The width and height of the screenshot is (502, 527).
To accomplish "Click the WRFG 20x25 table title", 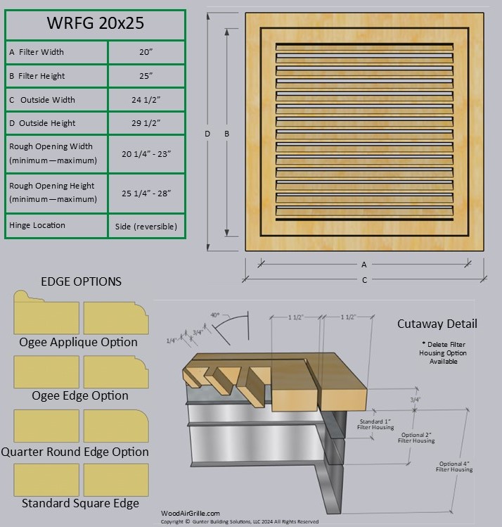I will pos(95,23).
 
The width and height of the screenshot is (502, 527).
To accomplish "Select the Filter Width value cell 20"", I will pos(146,52).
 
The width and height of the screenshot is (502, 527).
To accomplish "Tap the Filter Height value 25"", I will pos(146,76).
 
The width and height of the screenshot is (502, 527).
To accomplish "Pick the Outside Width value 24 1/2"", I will pos(146,100).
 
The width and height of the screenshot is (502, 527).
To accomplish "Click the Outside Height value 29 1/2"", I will pos(146,123).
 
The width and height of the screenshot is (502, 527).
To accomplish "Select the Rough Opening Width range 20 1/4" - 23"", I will pos(146,153).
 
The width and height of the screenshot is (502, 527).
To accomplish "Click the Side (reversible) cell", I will pos(146,227).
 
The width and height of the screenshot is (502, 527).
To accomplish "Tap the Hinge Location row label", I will pos(37,225).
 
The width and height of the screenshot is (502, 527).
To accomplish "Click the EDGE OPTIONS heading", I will pos(81,281).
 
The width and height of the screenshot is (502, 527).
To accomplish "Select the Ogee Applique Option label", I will pos(79,342).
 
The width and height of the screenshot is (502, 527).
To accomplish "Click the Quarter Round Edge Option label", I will pos(75,452).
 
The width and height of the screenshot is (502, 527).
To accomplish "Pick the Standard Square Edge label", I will pos(80,503).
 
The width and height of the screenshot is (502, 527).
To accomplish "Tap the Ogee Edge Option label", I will pos(80,395).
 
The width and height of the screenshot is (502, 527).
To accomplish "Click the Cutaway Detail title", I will pos(437,324).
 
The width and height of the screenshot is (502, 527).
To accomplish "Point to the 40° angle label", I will pos(215,315).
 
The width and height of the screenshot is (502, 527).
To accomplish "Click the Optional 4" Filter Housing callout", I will pos(456,466).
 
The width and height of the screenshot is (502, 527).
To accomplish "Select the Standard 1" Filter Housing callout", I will pos(375,423).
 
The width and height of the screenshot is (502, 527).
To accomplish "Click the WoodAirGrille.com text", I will pos(191,514).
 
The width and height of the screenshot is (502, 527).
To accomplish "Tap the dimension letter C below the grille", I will pos(364,280).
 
